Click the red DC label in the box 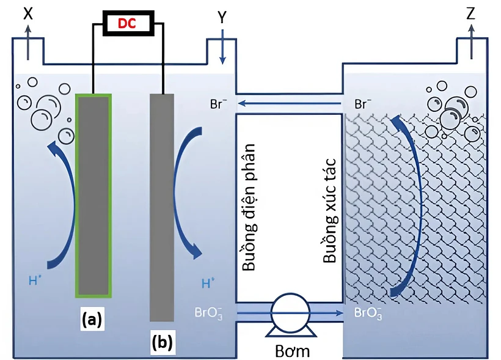[127, 23]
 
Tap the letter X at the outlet [29, 13]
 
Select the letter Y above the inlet [222, 18]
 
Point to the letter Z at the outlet [470, 13]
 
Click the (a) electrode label [92, 319]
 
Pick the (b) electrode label [163, 342]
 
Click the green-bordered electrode [93, 196]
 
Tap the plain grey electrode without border [162, 207]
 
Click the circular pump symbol [290, 312]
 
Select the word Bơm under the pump [293, 351]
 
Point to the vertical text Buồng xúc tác [329, 210]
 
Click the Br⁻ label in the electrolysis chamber [219, 104]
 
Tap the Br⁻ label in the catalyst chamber [363, 104]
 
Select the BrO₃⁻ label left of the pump [208, 313]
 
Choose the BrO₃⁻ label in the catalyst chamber [368, 313]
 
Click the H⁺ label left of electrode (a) [35, 281]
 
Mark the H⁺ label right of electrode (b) [208, 283]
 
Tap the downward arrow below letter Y [222, 46]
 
